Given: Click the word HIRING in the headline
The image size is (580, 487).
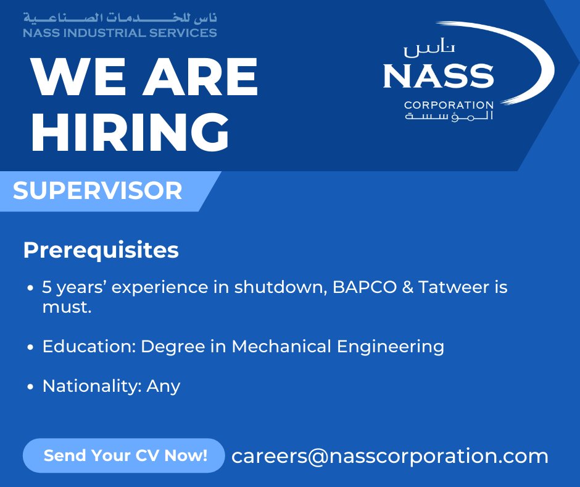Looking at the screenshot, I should click(x=130, y=132).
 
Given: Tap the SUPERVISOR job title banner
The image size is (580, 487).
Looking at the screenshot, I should click(x=97, y=191).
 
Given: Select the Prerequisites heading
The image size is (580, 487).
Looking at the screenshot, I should click(x=101, y=250).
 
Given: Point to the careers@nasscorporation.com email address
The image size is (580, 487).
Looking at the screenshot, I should click(x=390, y=456).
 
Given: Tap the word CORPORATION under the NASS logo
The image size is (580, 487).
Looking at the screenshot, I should click(x=449, y=105).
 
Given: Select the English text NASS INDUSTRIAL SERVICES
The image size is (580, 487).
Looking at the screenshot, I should click(x=120, y=33).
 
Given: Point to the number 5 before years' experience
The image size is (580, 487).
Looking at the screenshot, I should click(x=47, y=287).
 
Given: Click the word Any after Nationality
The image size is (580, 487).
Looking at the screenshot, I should click(x=164, y=386).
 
